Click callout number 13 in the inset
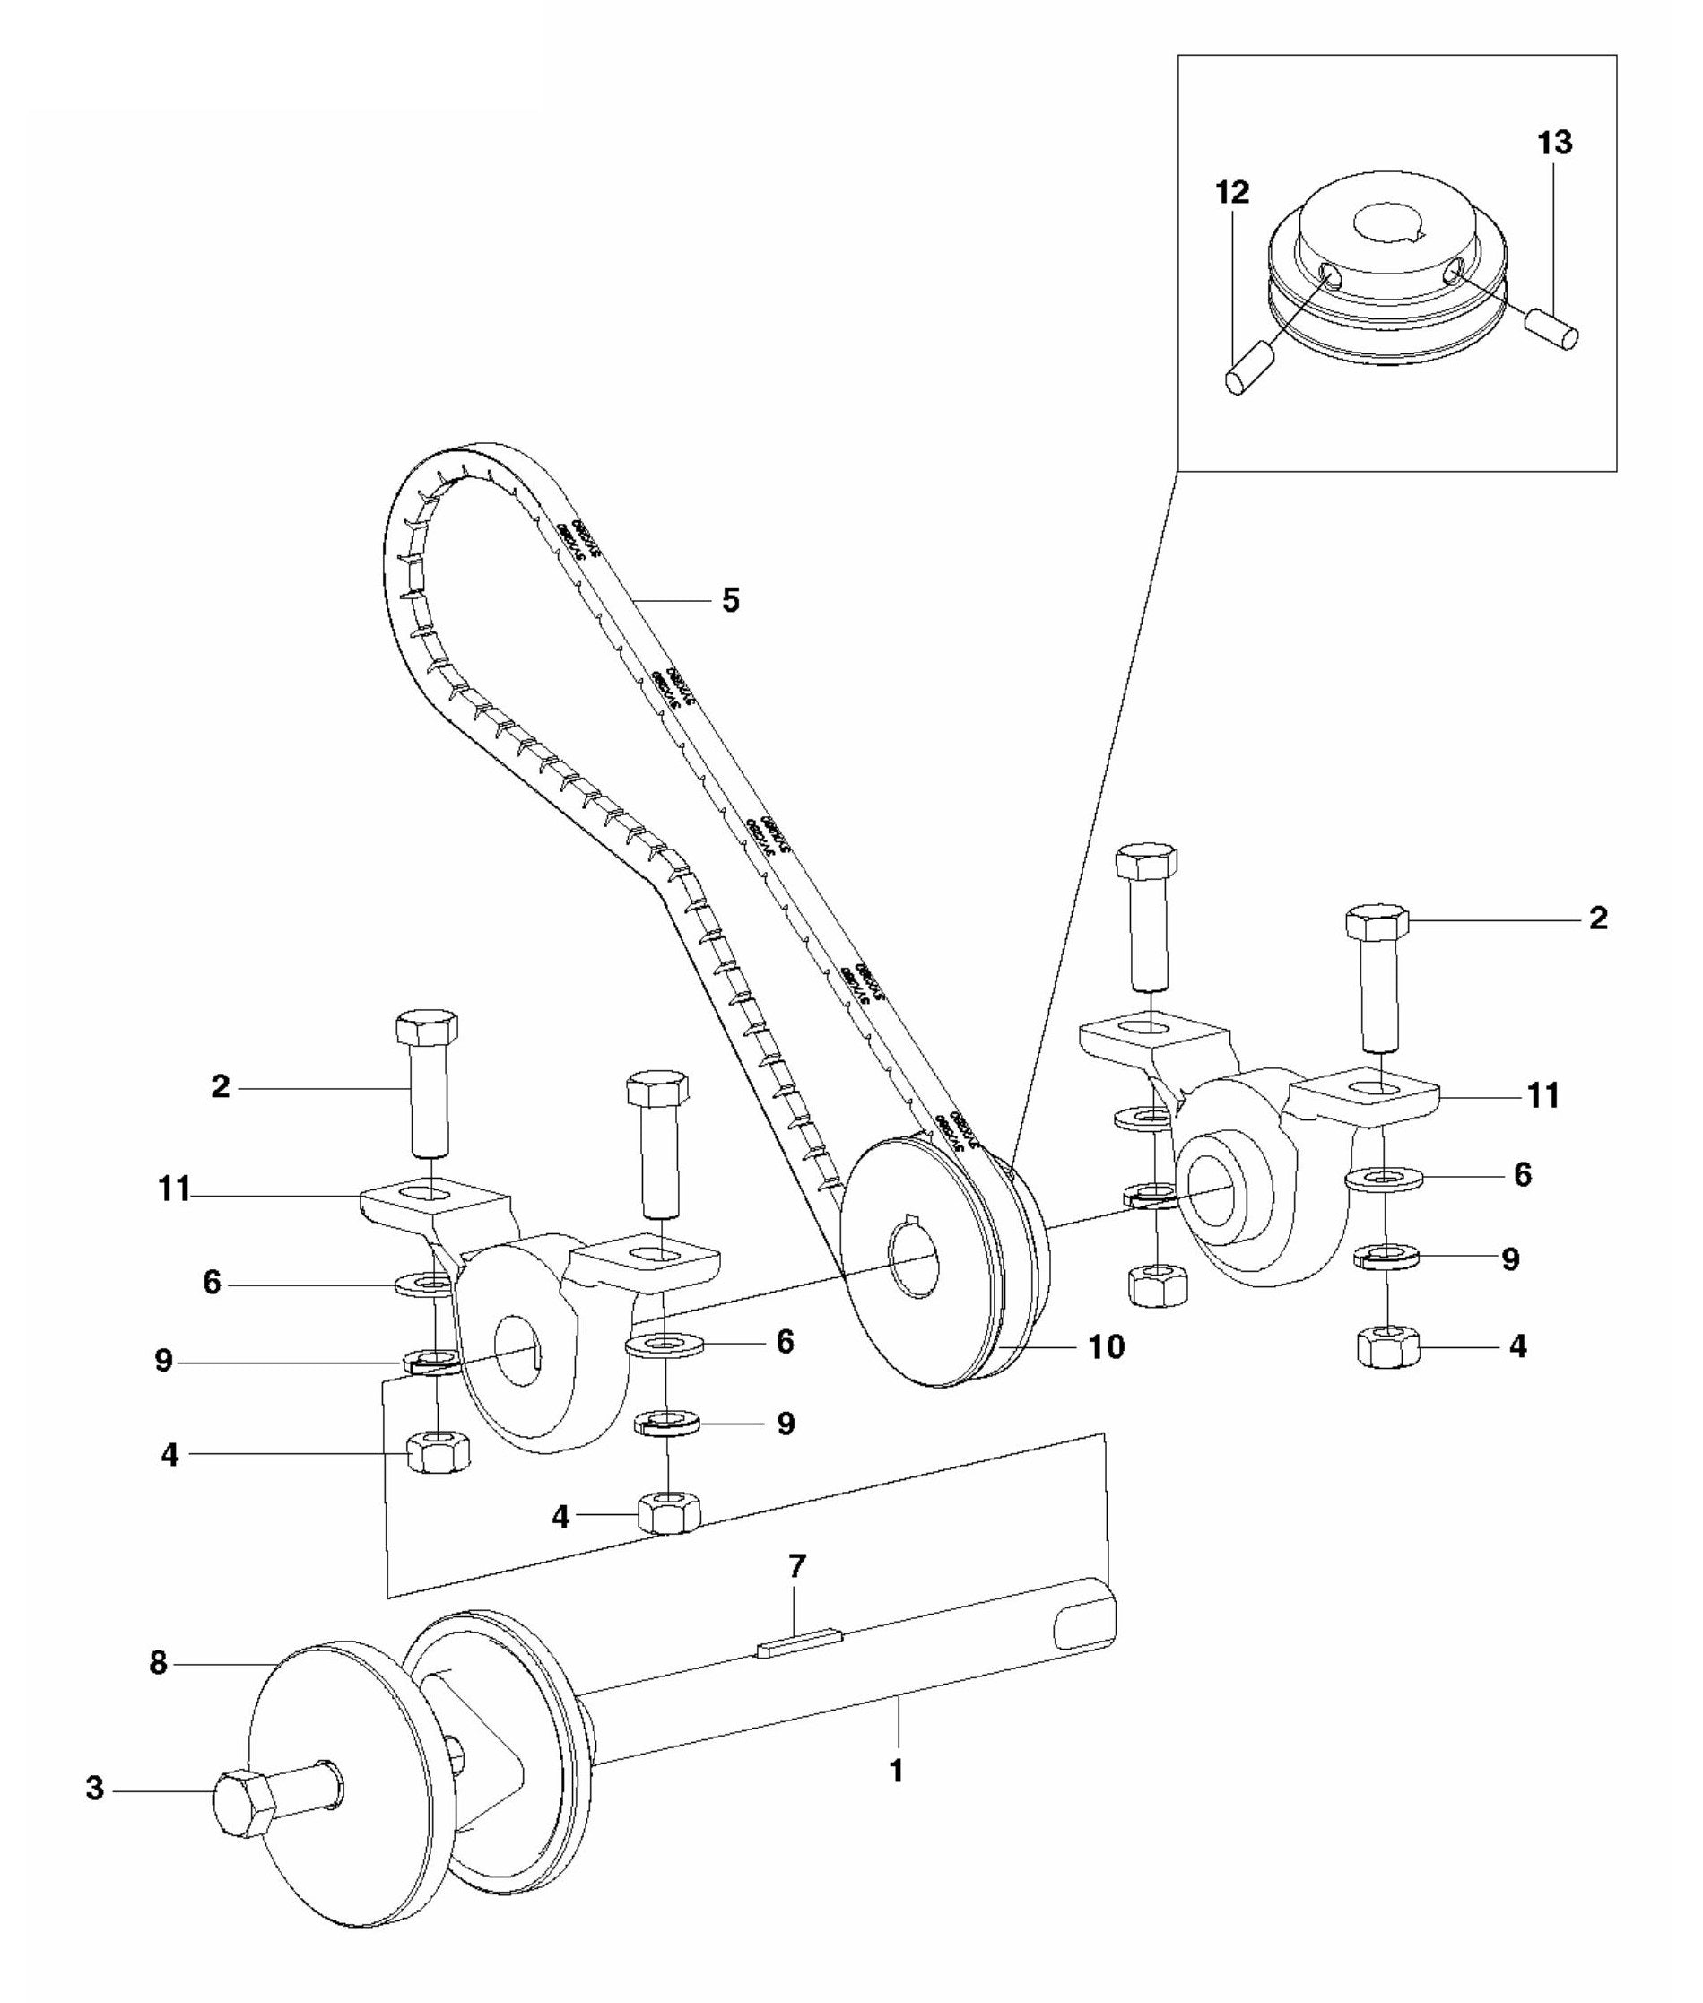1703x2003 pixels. click(1554, 143)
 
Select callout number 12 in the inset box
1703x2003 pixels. click(1233, 192)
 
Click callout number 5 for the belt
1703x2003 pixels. click(731, 601)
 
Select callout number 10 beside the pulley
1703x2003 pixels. click(1107, 1346)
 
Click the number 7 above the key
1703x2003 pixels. click(796, 1566)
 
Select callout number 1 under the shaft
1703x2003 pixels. click(896, 1772)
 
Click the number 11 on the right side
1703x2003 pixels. click(1542, 1096)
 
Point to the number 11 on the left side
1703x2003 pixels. click(175, 1189)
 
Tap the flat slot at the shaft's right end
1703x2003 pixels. click(1085, 1626)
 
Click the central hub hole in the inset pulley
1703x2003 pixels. click(1390, 226)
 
